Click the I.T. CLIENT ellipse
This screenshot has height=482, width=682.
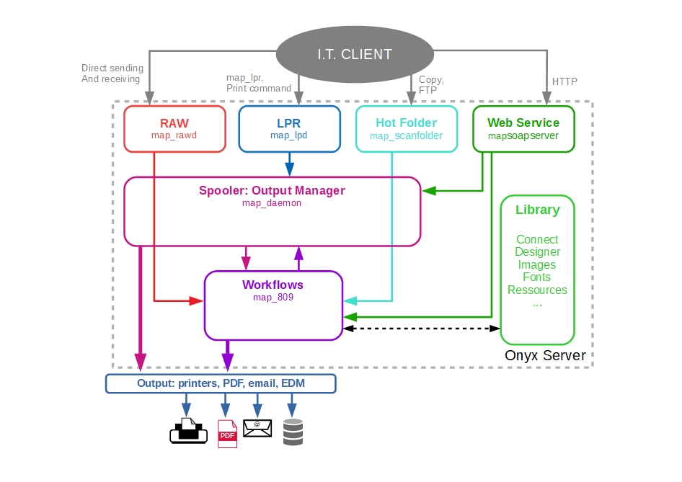pyautogui.click(x=355, y=54)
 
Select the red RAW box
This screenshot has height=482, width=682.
pyautogui.click(x=174, y=129)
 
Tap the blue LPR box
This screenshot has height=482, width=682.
pyautogui.click(x=289, y=129)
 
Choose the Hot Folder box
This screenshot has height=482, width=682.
pyautogui.click(x=407, y=129)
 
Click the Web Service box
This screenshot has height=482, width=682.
pyautogui.click(x=523, y=129)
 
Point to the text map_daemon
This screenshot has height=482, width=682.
pyautogui.click(x=272, y=203)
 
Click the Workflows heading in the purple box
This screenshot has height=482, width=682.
pyautogui.click(x=273, y=285)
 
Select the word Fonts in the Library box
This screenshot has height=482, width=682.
pyautogui.click(x=537, y=277)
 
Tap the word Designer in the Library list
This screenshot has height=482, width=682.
pyautogui.click(x=537, y=252)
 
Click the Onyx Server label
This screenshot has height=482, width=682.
pyautogui.click(x=545, y=356)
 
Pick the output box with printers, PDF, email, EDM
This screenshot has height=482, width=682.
pyautogui.click(x=221, y=383)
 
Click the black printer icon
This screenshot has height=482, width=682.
pyautogui.click(x=188, y=431)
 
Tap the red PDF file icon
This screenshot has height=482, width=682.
pyautogui.click(x=227, y=433)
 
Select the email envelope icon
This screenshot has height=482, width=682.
pyautogui.click(x=257, y=429)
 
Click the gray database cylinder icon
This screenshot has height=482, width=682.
pyautogui.click(x=293, y=432)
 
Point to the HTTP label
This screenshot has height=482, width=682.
pyautogui.click(x=564, y=81)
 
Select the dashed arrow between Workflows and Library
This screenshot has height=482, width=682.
pyautogui.click(x=422, y=329)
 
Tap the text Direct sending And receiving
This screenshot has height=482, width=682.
pyautogui.click(x=112, y=73)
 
